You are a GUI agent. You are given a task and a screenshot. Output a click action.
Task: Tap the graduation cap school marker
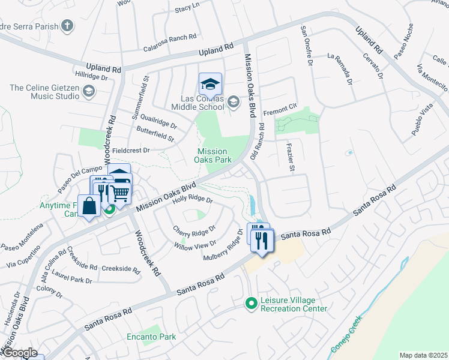[x=210, y=83]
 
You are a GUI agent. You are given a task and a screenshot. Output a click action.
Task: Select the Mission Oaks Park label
[x=212, y=156]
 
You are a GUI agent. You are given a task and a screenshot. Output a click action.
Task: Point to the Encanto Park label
[x=151, y=337]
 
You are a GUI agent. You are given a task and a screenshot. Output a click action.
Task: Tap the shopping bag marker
[x=89, y=206]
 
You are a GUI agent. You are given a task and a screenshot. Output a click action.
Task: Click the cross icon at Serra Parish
[x=67, y=26]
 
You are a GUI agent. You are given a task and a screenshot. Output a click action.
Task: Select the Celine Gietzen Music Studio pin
[x=89, y=91]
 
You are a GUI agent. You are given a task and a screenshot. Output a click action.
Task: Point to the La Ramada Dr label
[x=339, y=67]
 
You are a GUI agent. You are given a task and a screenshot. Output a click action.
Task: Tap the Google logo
[x=19, y=353]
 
